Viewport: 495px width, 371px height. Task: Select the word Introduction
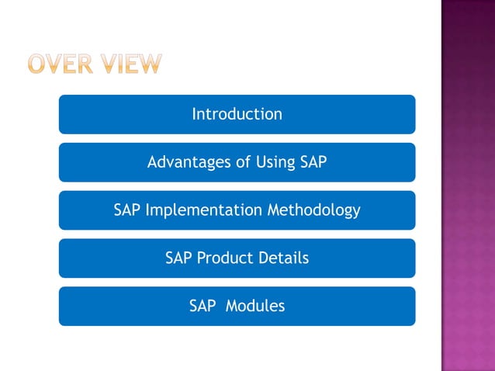click(x=237, y=114)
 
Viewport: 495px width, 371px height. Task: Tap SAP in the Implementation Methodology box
click(x=127, y=210)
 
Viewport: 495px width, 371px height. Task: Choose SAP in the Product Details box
click(x=179, y=258)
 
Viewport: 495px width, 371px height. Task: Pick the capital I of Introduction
click(x=194, y=114)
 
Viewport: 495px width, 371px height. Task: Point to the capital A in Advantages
click(x=152, y=162)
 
